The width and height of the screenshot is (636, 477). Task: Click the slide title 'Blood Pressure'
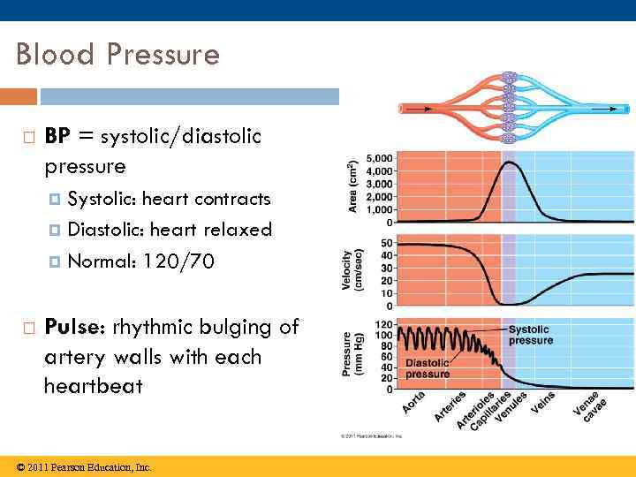pyautogui.click(x=117, y=55)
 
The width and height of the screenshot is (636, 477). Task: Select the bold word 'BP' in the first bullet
pyautogui.click(x=57, y=136)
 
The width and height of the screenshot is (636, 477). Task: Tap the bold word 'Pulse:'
pyautogui.click(x=79, y=327)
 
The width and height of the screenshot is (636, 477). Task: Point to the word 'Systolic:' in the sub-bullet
pyautogui.click(x=102, y=198)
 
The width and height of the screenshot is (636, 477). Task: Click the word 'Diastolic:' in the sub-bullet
pyautogui.click(x=106, y=230)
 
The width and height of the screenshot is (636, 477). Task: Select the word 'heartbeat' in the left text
pyautogui.click(x=94, y=387)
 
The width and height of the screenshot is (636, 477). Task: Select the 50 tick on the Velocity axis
pyautogui.click(x=387, y=243)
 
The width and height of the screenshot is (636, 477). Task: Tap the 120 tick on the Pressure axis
pyautogui.click(x=384, y=323)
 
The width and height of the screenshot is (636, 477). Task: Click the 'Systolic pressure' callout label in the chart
pyautogui.click(x=531, y=335)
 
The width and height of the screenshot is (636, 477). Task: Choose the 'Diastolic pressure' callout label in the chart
pyautogui.click(x=428, y=367)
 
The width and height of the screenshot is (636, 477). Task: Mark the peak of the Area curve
pyautogui.click(x=510, y=163)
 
